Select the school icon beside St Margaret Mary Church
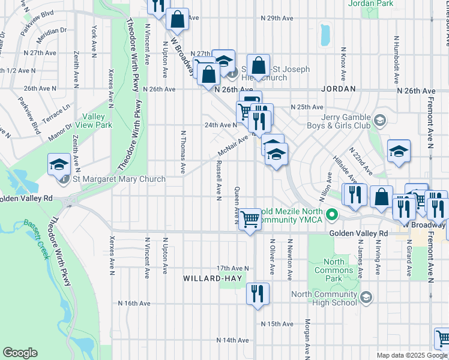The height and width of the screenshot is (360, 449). (x=59, y=164)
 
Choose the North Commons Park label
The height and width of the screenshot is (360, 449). (x=334, y=266)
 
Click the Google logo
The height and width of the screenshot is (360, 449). (x=20, y=353)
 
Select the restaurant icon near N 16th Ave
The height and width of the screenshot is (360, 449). (x=258, y=294)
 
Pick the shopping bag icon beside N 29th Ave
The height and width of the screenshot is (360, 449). (x=178, y=19)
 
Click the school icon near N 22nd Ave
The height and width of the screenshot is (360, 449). (x=399, y=152)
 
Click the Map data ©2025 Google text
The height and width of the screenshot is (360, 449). (x=411, y=355)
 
